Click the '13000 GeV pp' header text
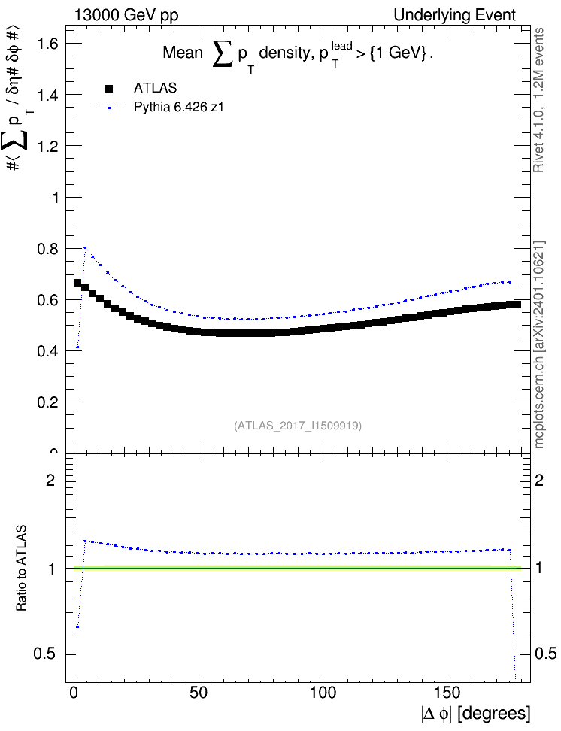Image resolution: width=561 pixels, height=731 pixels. [x=126, y=15]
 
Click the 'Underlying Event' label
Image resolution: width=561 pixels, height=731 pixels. [x=455, y=15]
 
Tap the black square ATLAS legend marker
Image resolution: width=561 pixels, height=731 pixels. [x=109, y=88]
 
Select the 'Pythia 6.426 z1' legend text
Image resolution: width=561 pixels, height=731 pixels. [x=179, y=108]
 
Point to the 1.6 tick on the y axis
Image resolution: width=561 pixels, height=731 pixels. [x=48, y=44]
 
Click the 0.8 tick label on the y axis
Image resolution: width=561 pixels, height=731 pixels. [x=48, y=249]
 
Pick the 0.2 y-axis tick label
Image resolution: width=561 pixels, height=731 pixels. [x=48, y=402]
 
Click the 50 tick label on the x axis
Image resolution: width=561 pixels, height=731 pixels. [x=199, y=693]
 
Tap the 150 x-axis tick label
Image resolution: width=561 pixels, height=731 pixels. [x=447, y=693]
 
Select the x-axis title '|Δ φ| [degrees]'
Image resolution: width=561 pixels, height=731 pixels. [x=476, y=714]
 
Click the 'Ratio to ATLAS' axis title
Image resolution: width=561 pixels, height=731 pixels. [x=21, y=569]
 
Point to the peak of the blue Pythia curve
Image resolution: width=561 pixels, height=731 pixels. [x=85, y=247]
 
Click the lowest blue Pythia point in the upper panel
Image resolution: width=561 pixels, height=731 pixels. [x=77, y=347]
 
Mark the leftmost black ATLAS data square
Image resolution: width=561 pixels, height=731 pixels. [x=77, y=283]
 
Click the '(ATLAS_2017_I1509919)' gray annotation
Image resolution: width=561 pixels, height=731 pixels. [x=298, y=425]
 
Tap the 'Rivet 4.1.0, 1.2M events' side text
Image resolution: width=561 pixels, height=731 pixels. [x=538, y=100]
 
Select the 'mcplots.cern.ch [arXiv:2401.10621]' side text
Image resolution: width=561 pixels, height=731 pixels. [x=539, y=344]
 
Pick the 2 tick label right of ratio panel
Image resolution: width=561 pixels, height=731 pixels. [x=539, y=480]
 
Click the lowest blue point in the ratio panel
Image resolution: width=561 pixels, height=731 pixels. [x=77, y=627]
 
